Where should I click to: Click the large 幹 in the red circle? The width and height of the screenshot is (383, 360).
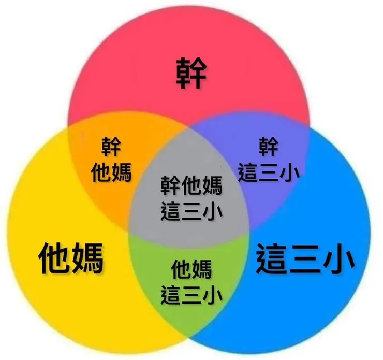tap(192, 73)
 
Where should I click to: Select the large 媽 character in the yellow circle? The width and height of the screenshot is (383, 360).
tap(87, 258)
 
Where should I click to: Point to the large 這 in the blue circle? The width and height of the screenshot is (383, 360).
tap(271, 258)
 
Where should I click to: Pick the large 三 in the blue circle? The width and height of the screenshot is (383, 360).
tap(305, 258)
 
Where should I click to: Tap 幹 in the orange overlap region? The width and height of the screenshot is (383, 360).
tap(111, 147)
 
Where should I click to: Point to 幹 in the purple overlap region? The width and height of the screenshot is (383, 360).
tap(269, 147)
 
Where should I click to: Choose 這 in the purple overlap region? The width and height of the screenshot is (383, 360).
tap(247, 172)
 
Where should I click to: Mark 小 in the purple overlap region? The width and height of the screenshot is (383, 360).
tap(290, 172)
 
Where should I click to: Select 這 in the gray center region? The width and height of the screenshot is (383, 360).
tap(170, 211)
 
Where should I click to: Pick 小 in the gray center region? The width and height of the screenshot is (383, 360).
tap(213, 211)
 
